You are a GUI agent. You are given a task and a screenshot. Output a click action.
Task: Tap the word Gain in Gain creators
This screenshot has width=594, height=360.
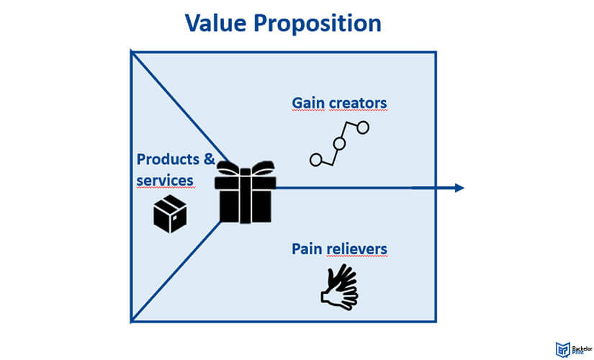[308, 103]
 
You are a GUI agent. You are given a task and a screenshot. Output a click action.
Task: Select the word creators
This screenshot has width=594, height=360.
[358, 103]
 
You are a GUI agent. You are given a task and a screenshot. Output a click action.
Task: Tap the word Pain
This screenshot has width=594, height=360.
[306, 248]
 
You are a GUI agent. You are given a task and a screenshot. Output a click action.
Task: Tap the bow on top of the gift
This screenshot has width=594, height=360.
[246, 170]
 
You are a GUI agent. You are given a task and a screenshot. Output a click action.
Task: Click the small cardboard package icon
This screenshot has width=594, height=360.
[170, 214]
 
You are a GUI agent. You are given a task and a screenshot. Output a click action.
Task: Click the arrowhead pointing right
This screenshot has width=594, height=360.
[458, 188]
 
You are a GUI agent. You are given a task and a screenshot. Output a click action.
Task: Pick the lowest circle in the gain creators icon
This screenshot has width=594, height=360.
[315, 160]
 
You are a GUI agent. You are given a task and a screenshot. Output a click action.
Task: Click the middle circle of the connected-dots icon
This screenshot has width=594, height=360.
[339, 143]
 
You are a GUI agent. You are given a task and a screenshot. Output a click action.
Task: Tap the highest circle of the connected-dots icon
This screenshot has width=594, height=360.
[363, 127]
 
